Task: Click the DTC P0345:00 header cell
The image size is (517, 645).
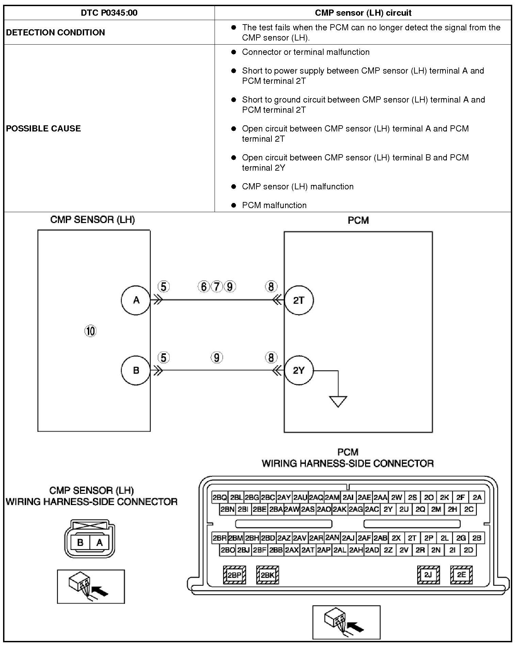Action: (x=109, y=13)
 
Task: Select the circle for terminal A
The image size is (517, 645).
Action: (x=136, y=300)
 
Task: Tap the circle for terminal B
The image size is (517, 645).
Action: (x=136, y=370)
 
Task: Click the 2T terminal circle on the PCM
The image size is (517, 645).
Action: (x=299, y=300)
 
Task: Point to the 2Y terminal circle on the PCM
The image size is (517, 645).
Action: (x=299, y=370)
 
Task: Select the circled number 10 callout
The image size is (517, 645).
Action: (x=90, y=331)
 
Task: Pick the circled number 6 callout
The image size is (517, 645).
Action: (x=204, y=287)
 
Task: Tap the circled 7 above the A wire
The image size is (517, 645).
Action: (x=217, y=287)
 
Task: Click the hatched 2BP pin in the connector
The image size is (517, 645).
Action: (x=234, y=575)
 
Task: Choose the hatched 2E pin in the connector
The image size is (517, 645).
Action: (x=461, y=575)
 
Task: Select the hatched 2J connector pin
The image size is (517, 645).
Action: (x=428, y=575)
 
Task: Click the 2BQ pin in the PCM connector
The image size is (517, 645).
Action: (x=219, y=498)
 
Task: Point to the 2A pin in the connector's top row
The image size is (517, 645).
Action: (x=477, y=498)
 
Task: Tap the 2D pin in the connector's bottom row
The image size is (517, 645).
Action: (x=469, y=550)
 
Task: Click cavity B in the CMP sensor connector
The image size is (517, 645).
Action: (x=81, y=542)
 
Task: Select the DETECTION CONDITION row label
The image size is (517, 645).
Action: (x=56, y=32)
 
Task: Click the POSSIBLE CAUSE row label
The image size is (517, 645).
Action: (x=44, y=128)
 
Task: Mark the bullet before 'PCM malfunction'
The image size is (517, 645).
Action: (x=234, y=205)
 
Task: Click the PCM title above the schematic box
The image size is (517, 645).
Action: (x=358, y=220)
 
